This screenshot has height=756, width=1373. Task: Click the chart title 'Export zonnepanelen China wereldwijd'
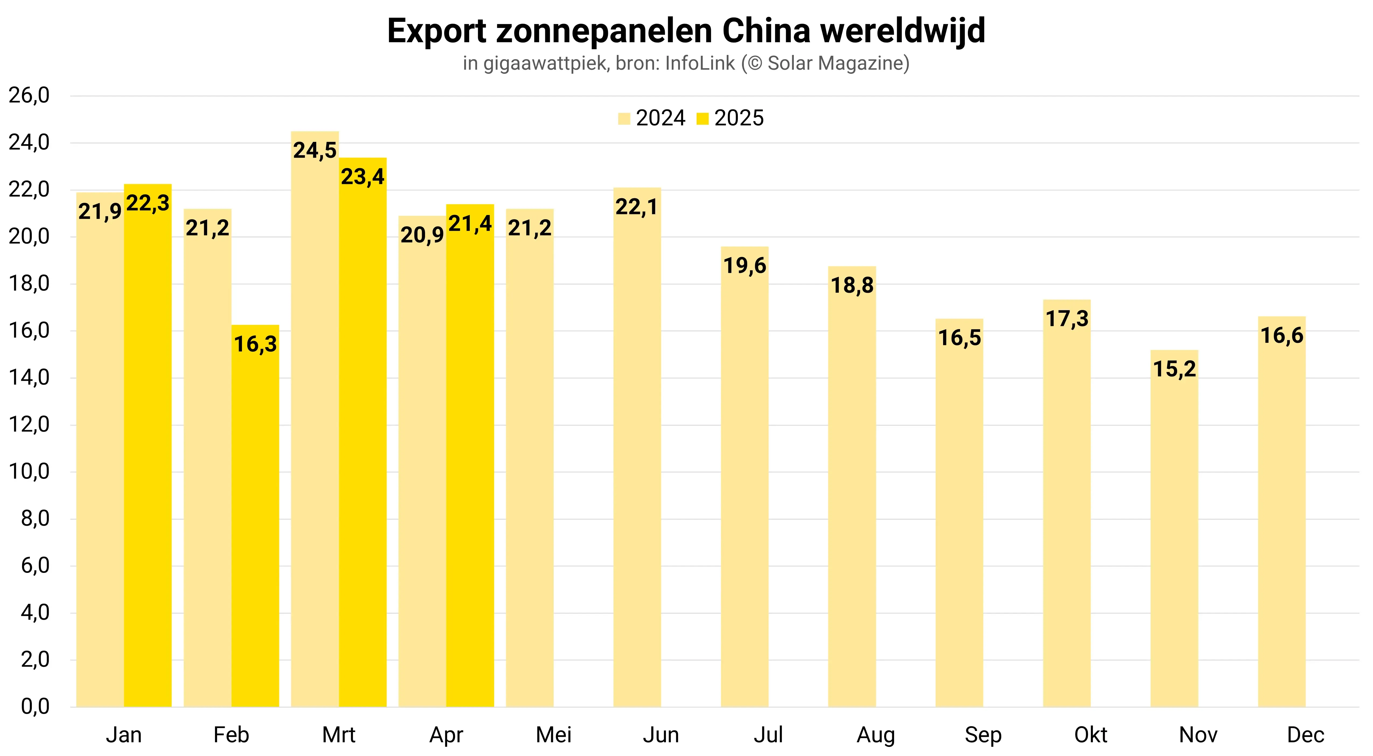pos(686,31)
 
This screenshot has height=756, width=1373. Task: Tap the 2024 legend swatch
pos(624,118)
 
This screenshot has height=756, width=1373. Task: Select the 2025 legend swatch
pos(703,118)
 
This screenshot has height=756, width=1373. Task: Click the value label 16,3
pos(255,344)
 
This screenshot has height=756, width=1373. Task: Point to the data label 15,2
pos(1174,369)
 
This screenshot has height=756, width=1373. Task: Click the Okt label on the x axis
pos(1090,735)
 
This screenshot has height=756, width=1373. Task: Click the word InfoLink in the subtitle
pos(700,63)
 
